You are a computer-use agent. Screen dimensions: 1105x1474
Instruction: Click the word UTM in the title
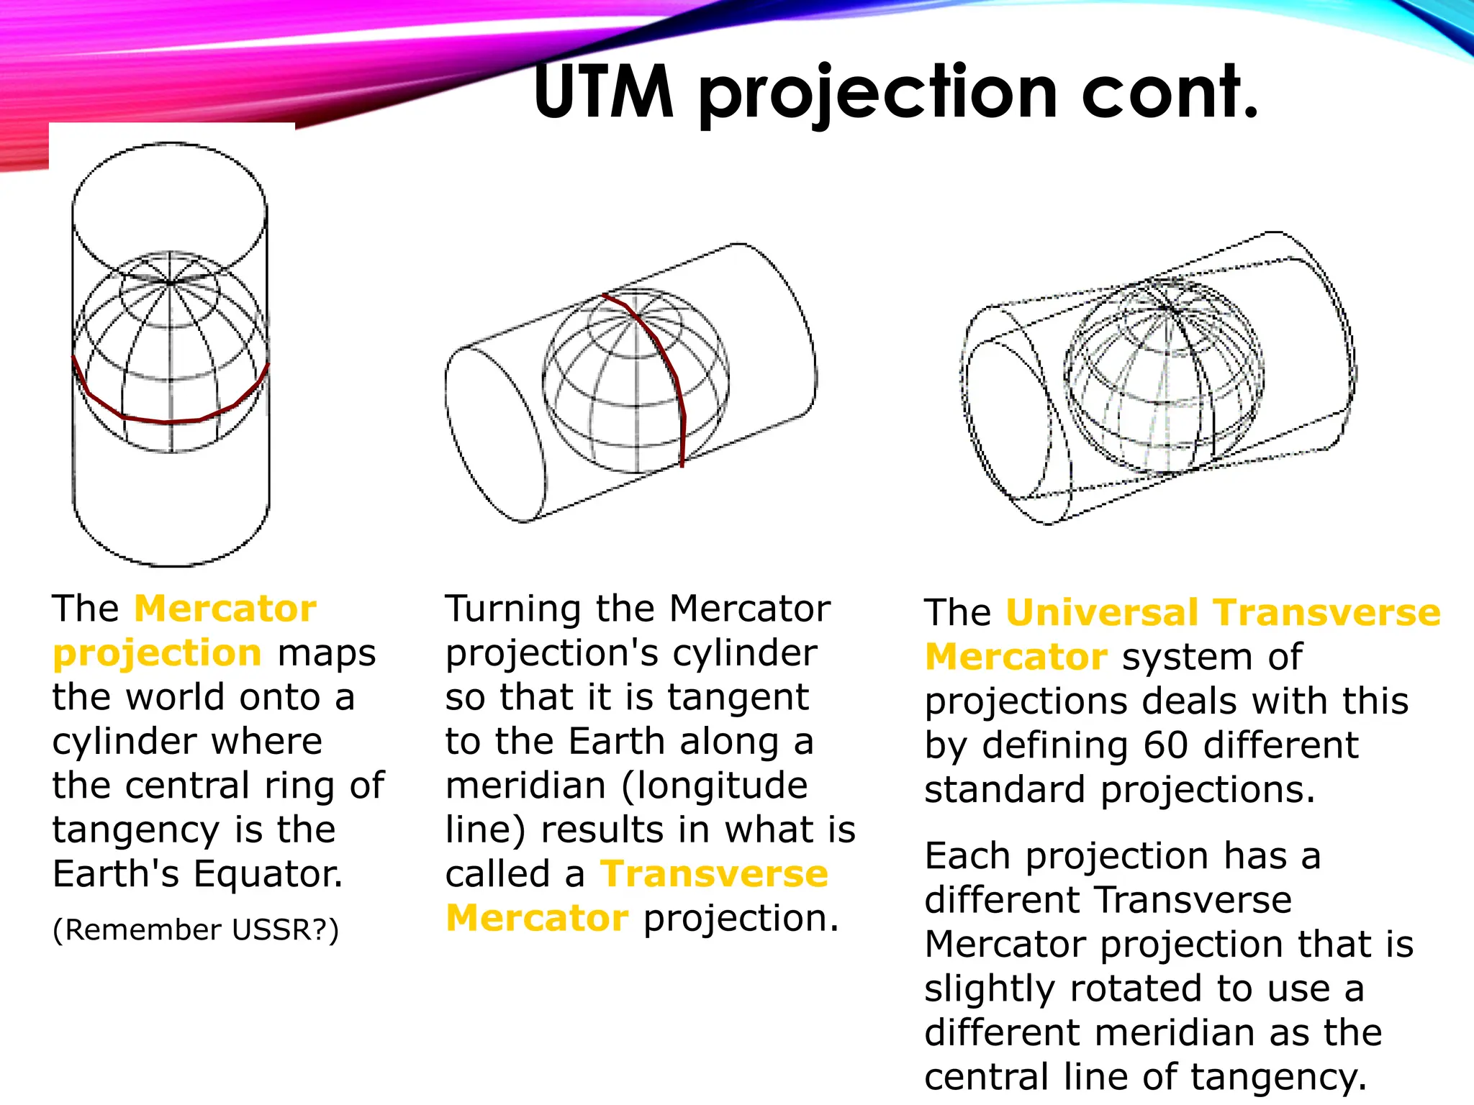(x=603, y=92)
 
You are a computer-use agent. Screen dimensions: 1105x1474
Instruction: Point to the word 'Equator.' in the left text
(x=268, y=873)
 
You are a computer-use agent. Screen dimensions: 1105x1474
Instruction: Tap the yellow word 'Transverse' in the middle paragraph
(x=715, y=874)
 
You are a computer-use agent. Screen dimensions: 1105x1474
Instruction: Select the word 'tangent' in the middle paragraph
(x=738, y=697)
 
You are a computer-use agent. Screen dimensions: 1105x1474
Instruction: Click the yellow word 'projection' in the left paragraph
(x=157, y=654)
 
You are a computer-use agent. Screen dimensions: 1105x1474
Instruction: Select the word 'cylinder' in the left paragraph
(x=115, y=742)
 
